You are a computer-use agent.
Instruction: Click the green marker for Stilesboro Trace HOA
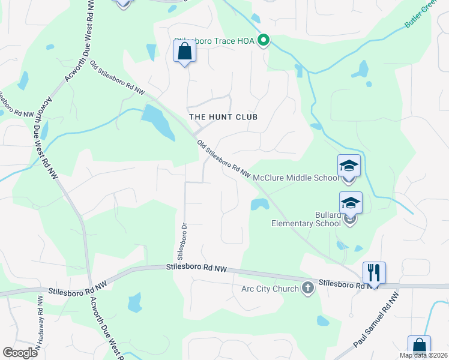click(263, 41)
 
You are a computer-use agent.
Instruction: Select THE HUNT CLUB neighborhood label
click(223, 117)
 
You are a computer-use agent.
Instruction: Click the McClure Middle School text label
click(297, 178)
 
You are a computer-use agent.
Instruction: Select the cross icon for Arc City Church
click(308, 289)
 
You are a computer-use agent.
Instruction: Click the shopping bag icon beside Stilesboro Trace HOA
click(184, 51)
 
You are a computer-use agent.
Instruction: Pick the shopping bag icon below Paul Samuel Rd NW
click(419, 347)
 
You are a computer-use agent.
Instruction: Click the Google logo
click(20, 353)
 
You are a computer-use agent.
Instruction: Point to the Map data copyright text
click(424, 355)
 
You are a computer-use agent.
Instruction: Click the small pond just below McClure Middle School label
click(259, 205)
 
